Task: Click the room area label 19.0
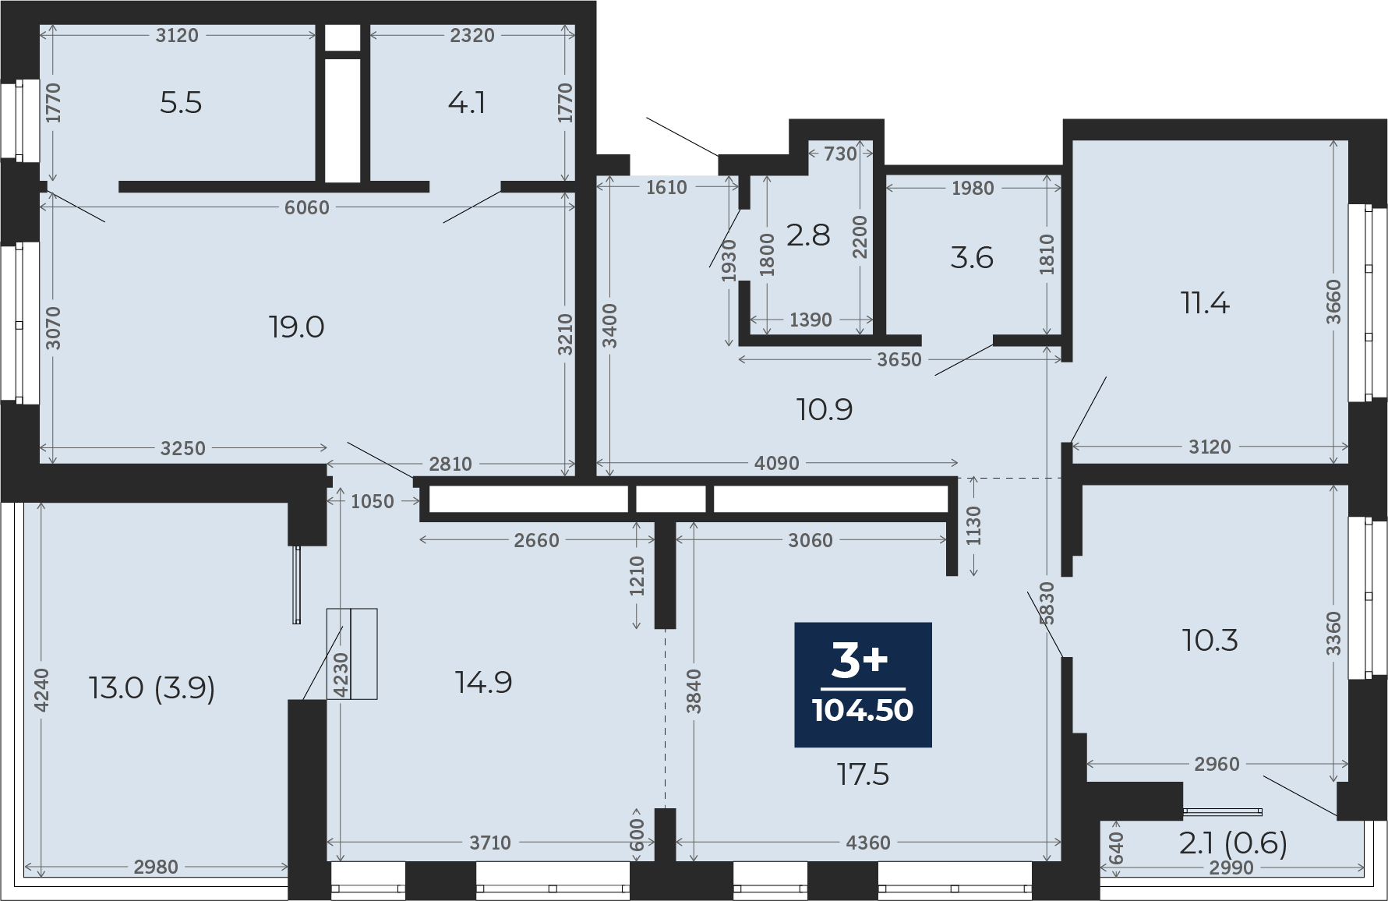click(297, 327)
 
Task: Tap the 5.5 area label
click(181, 103)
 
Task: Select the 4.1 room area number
click(467, 103)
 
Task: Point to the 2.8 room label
click(808, 235)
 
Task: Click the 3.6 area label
click(972, 258)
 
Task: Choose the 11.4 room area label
click(1205, 302)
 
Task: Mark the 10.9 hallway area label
click(825, 409)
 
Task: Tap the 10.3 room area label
click(1210, 641)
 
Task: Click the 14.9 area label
click(484, 683)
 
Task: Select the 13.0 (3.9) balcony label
click(152, 688)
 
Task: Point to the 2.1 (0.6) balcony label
click(1233, 843)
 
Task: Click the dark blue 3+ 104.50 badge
click(863, 685)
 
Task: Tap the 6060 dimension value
click(307, 207)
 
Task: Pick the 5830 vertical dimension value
click(1047, 603)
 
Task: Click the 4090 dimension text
click(777, 463)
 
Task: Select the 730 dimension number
click(840, 154)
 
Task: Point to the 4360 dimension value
click(868, 843)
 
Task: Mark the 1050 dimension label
click(373, 501)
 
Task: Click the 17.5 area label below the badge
click(863, 775)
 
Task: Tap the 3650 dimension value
click(899, 359)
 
